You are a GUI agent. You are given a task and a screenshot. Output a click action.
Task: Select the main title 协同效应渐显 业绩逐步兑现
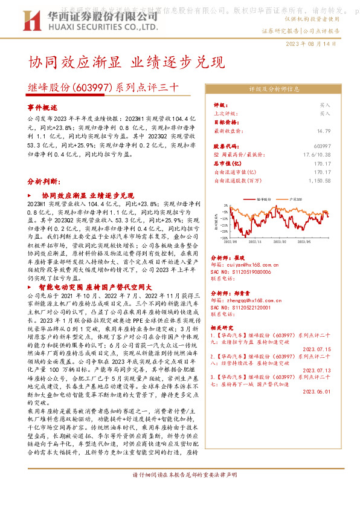coord(126,62)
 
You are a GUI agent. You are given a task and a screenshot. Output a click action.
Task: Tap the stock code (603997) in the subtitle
coord(91,87)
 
